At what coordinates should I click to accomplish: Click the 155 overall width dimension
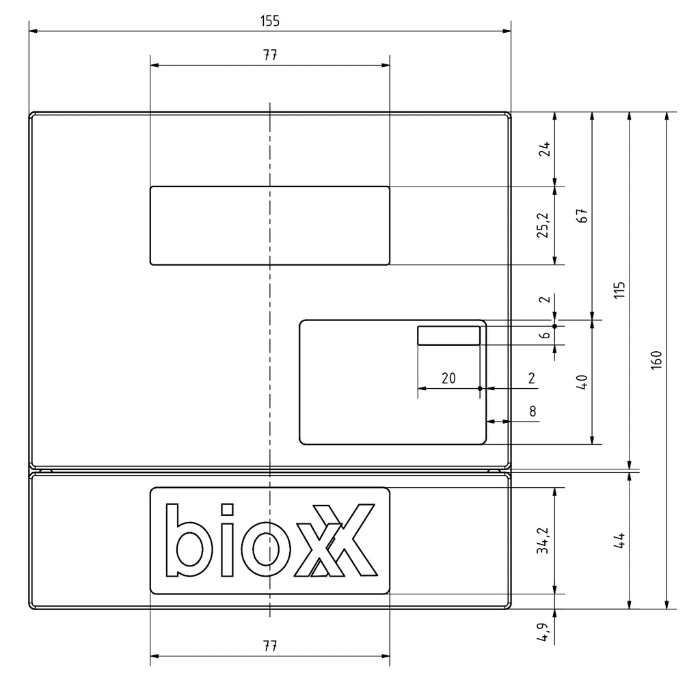(269, 21)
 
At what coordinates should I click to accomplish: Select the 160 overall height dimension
(656, 359)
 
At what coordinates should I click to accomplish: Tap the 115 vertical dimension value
(619, 290)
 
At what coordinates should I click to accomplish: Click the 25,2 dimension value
(543, 225)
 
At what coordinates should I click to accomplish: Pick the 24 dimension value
(544, 149)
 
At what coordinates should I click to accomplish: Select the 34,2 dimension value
(543, 540)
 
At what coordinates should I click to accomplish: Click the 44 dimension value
(619, 540)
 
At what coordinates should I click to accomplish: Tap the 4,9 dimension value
(543, 632)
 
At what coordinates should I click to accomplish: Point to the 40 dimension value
(582, 382)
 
